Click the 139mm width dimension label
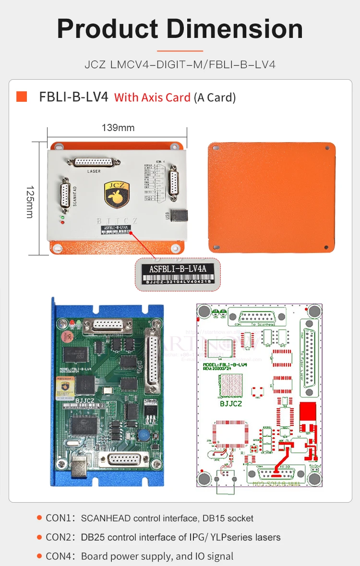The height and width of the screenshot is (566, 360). tap(118, 128)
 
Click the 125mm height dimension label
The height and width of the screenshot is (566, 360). tap(29, 202)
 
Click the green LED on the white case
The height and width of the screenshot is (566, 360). tap(62, 217)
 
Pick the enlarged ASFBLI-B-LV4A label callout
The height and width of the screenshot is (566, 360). tap(178, 274)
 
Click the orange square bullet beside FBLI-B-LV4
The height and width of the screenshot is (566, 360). tap(22, 96)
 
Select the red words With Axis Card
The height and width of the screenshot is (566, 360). tap(152, 97)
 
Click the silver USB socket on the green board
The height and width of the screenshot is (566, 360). tap(79, 467)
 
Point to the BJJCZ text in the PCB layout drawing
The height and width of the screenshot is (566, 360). tap(232, 404)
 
